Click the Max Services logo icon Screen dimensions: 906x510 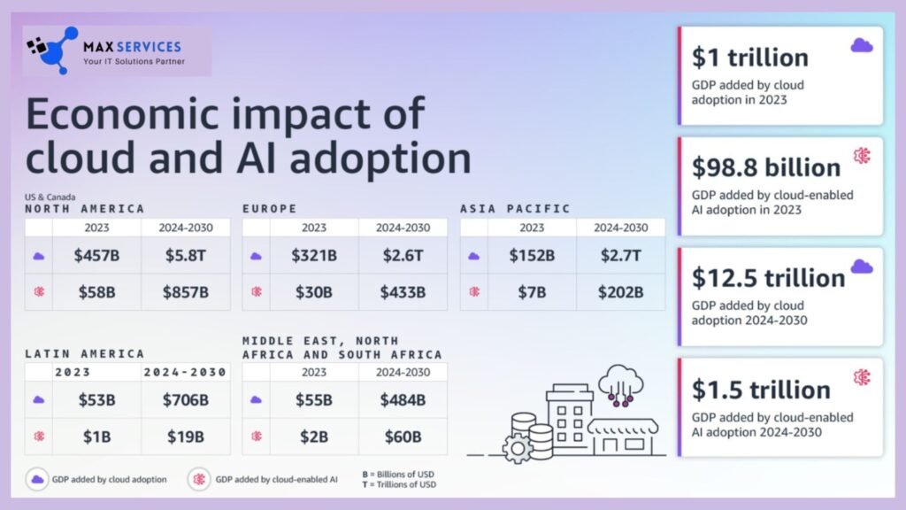(x=52, y=50)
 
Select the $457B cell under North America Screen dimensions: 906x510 (x=96, y=256)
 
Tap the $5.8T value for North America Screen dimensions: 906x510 (x=186, y=256)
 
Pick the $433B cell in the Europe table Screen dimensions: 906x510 (x=403, y=292)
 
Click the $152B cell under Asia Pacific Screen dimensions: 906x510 (x=532, y=256)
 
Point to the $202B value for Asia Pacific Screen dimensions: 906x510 (x=620, y=292)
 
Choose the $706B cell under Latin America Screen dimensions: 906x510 (x=186, y=400)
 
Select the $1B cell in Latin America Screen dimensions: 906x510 (x=96, y=437)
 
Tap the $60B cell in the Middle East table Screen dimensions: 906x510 (x=403, y=437)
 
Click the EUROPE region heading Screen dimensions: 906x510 (x=270, y=209)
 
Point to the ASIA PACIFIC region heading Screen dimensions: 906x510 (x=516, y=209)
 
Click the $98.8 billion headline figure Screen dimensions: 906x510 (x=766, y=167)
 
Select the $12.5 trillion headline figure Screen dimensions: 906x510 (x=769, y=278)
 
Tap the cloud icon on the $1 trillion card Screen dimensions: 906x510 (x=862, y=45)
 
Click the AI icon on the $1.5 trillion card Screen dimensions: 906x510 (x=862, y=377)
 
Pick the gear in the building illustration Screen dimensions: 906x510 (x=517, y=449)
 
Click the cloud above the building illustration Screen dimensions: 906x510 (x=620, y=379)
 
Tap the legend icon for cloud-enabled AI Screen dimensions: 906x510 (x=199, y=479)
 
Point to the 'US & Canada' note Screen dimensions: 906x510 (x=50, y=197)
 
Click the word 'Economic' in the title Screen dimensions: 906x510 (x=122, y=114)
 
